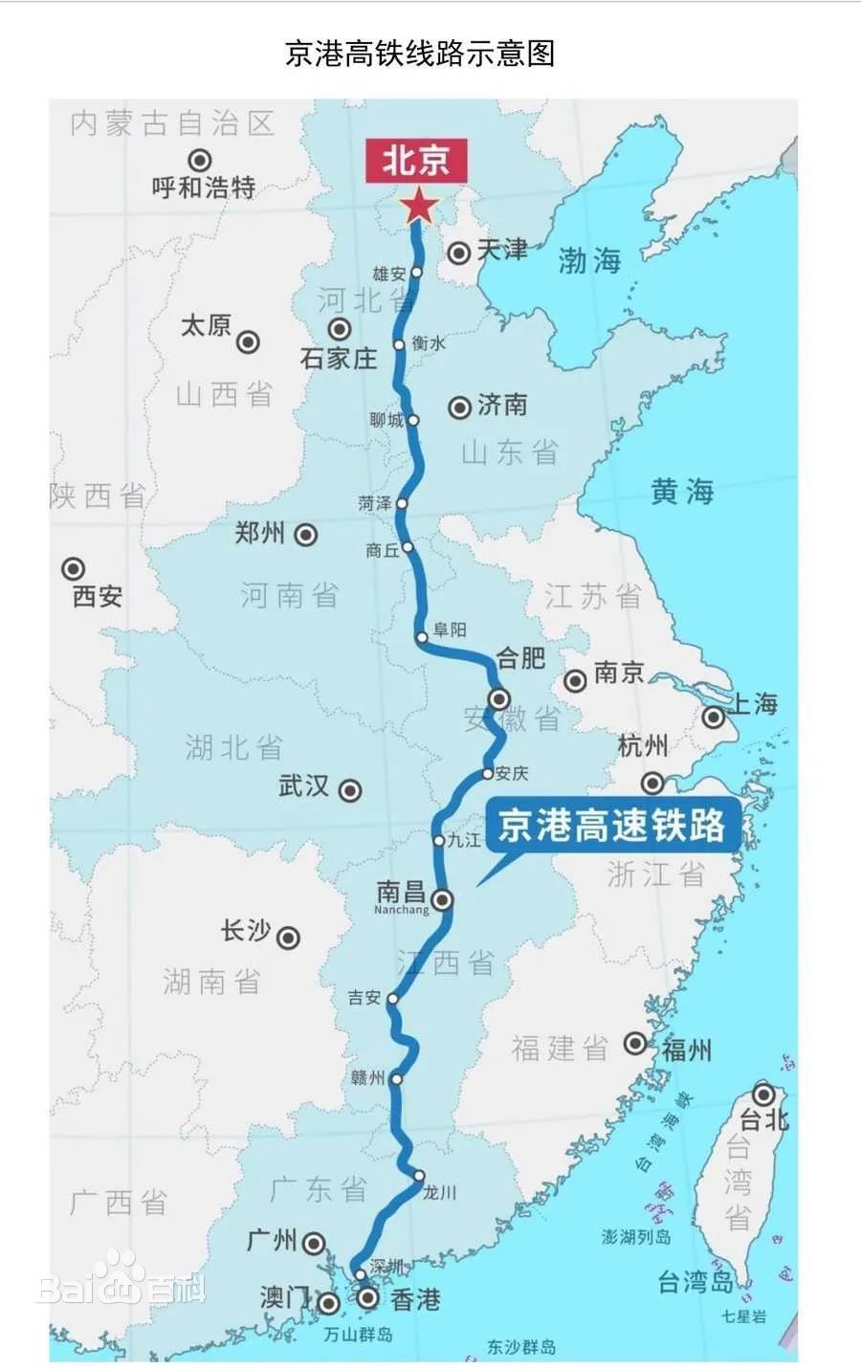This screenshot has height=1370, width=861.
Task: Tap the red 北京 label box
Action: click(416, 160)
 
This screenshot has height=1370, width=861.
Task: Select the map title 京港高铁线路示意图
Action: click(420, 54)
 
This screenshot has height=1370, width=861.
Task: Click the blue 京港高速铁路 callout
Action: click(611, 826)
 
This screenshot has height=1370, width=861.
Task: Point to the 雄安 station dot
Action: click(416, 273)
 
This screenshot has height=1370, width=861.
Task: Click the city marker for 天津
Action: click(459, 253)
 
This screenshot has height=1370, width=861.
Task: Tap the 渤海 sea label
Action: click(589, 260)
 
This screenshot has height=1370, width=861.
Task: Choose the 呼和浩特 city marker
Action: click(199, 161)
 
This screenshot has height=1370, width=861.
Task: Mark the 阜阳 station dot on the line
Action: click(422, 636)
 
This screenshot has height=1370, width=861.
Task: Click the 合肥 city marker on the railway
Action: click(498, 697)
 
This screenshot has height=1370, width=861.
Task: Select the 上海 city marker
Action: click(714, 718)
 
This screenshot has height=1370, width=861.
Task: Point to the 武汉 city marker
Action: click(350, 790)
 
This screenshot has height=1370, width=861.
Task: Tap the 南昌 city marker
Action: click(442, 899)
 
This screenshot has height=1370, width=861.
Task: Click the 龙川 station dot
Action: click(419, 1176)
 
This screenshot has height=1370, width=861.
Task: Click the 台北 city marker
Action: click(762, 1094)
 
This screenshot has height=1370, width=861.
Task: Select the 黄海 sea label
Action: click(682, 492)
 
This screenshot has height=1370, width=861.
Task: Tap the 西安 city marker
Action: click(73, 569)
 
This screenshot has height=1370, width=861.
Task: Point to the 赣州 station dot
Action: click(396, 1078)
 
